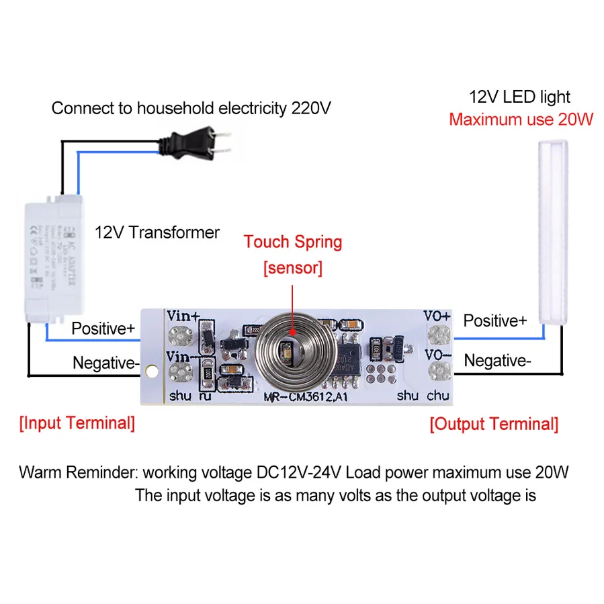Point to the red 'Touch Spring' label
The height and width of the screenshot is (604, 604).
pos(293,242)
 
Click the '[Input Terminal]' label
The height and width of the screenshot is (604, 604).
pos(77,423)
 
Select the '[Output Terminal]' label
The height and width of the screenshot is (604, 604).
pos(494,424)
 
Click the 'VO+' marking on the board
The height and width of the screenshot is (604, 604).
pos(437,316)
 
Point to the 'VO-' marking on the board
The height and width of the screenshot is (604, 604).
pos(437,353)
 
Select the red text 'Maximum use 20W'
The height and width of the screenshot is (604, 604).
pos(521,120)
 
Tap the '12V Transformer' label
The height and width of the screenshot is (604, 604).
pos(157,232)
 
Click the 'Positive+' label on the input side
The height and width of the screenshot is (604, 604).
pos(103,329)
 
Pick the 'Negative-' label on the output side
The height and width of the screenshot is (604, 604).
pos(497,361)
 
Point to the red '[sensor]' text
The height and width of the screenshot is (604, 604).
pos(293,268)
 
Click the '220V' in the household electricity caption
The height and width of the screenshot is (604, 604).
pos(310,107)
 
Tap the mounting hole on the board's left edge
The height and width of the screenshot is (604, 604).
pos(151,370)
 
